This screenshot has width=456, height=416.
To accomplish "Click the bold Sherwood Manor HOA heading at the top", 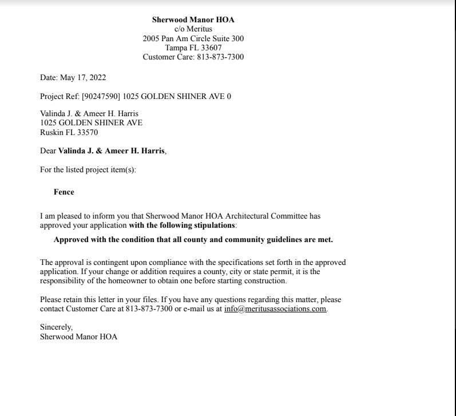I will [x=193, y=19].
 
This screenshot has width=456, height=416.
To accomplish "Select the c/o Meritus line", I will [x=193, y=29].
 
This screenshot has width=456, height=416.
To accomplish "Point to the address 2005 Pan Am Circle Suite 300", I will [x=193, y=38].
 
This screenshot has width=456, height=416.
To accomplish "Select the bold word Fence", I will [x=64, y=192].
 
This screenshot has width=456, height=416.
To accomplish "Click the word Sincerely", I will [x=56, y=327].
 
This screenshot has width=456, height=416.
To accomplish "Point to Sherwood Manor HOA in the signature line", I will [x=78, y=336].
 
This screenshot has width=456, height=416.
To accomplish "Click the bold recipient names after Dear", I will [x=111, y=151].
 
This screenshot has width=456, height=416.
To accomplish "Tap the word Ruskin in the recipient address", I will [x=51, y=132].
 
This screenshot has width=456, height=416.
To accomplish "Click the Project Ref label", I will [x=60, y=96].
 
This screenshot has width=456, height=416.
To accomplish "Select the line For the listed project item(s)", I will [x=88, y=169].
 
